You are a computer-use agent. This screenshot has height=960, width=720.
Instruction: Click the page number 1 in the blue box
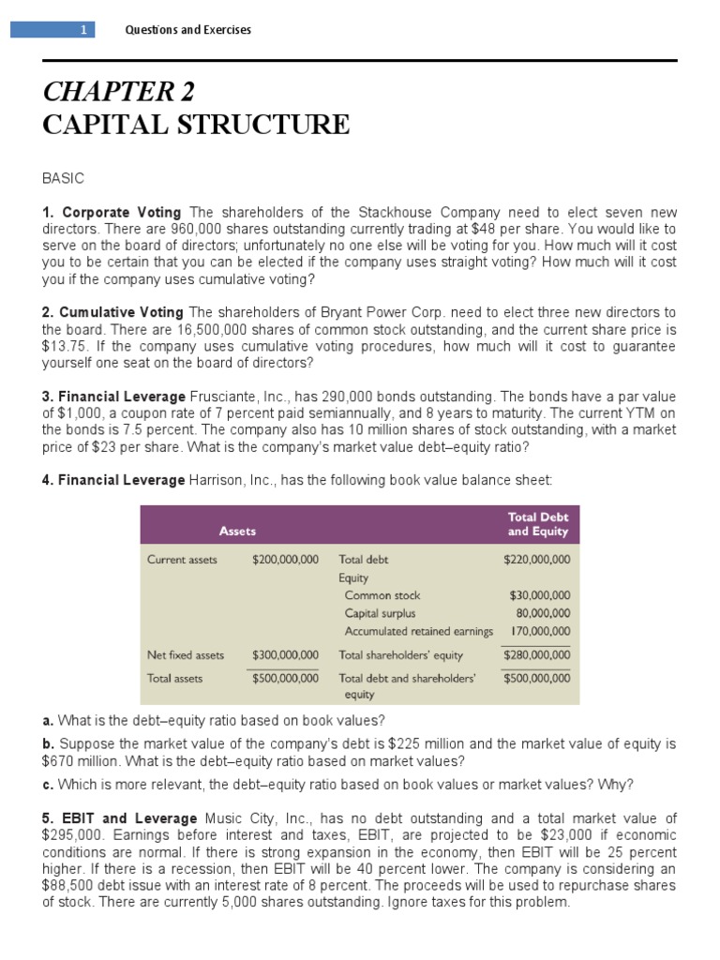[82, 30]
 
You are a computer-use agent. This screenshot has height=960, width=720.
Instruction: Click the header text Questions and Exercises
[188, 30]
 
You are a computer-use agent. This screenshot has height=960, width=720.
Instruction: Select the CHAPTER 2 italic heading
[119, 92]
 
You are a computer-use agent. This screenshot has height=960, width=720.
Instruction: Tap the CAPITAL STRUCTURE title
[196, 125]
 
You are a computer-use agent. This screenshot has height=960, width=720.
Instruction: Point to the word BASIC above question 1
[64, 178]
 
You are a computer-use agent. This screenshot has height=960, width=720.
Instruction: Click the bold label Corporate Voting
[122, 213]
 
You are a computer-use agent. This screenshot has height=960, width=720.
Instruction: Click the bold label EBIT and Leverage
[127, 818]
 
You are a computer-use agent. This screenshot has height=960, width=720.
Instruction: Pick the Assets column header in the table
[237, 531]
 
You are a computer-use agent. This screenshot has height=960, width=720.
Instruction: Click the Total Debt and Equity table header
[537, 524]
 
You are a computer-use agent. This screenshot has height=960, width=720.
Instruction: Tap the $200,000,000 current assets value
[285, 560]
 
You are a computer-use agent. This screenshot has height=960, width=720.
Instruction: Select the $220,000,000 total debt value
[536, 560]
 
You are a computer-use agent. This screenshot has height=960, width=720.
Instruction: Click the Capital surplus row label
[380, 613]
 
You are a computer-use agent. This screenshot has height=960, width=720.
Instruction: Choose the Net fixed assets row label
[186, 655]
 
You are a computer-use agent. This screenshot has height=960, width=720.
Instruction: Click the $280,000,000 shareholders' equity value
[536, 655]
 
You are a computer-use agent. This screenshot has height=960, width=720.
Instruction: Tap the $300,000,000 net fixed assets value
[285, 655]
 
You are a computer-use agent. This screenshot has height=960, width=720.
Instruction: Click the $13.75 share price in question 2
[63, 346]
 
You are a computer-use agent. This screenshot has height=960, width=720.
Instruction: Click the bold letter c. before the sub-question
[47, 784]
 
